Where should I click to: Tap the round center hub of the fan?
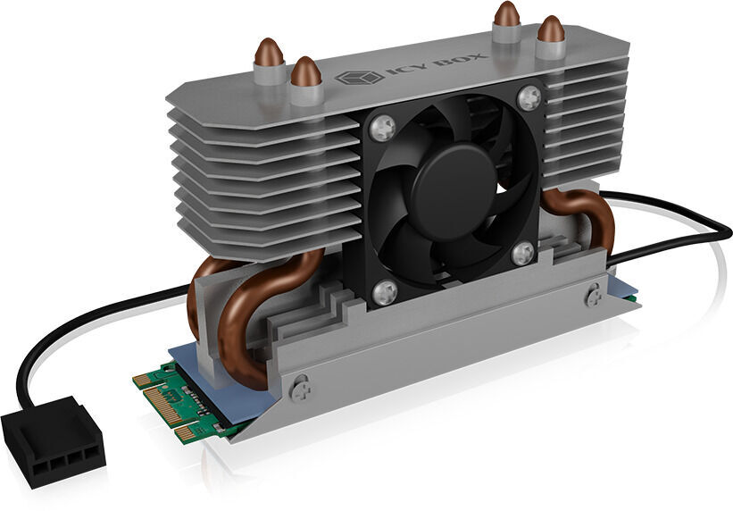[x=453, y=192]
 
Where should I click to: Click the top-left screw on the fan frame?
[x=382, y=128]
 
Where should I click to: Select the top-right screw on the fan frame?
[x=529, y=97]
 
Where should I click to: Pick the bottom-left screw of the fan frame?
[x=385, y=292]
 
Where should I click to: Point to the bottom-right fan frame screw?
[x=522, y=253]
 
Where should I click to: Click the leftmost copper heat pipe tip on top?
[x=269, y=52]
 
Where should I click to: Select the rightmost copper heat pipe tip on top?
[x=551, y=29]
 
